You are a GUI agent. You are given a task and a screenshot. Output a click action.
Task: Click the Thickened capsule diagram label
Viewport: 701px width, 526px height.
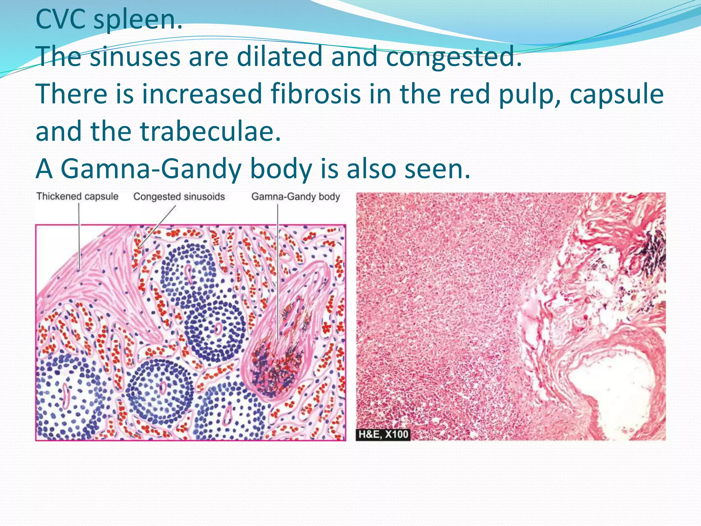pos(77,197)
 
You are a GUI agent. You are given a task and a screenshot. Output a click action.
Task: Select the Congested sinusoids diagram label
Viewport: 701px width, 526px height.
pos(179,197)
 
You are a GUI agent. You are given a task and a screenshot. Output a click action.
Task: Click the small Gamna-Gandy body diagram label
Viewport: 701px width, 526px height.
pos(296,197)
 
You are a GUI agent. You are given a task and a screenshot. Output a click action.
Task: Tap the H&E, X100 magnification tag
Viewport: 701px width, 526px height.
pos(383,434)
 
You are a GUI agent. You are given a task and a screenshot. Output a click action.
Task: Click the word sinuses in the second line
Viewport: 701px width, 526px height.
pos(135,57)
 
